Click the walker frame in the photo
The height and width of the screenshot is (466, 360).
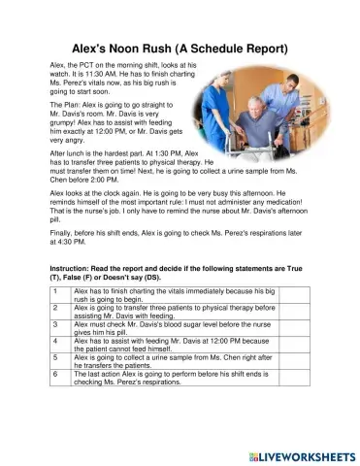tap(291, 146)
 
